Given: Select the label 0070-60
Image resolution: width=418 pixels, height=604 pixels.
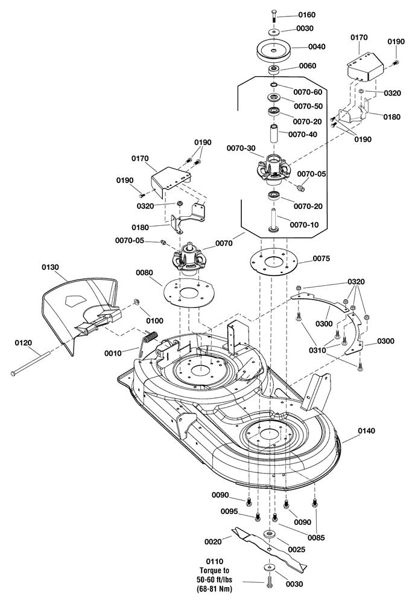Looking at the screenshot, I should tap(307, 92).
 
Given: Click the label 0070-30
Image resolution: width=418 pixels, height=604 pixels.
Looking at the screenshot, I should tap(241, 148).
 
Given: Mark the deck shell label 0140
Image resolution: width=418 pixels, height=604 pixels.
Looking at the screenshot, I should tap(366, 431).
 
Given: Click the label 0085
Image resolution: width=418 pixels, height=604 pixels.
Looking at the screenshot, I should tap(315, 537).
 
